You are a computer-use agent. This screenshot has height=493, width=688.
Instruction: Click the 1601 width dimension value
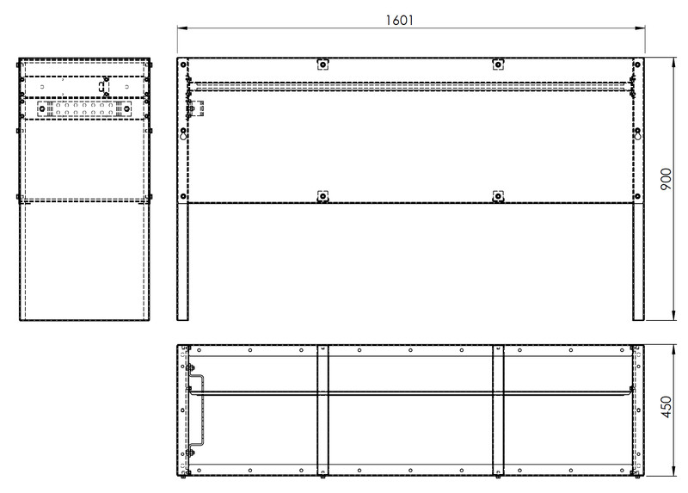tap(399, 20)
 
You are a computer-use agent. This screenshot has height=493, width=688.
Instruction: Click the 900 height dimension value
tap(666, 179)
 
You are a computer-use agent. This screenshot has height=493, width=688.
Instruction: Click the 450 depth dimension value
tap(666, 407)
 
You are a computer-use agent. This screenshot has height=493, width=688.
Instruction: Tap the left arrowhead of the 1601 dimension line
tap(182, 28)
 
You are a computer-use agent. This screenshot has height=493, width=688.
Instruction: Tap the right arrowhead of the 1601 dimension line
tap(640, 28)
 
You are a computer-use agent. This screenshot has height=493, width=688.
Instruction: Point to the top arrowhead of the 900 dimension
tap(674, 62)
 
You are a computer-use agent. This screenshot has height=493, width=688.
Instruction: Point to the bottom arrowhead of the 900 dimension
tap(674, 315)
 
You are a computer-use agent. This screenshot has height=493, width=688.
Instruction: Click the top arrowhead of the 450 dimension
tap(674, 350)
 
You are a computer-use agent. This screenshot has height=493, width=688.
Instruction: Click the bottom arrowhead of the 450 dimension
tap(674, 471)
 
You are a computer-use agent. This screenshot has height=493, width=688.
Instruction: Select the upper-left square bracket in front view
tap(322, 65)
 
